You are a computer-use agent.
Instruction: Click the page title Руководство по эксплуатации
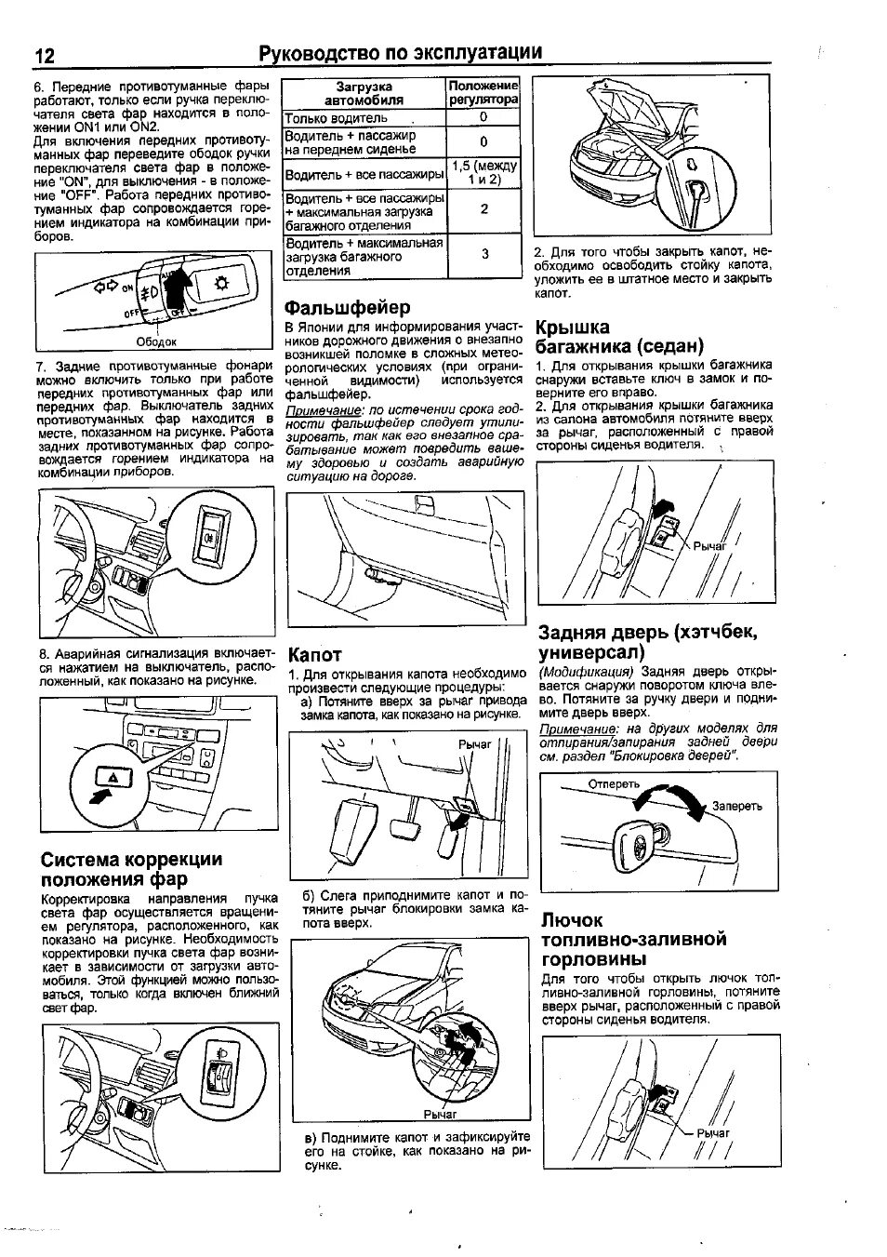[400, 53]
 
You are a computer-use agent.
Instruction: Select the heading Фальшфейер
[347, 307]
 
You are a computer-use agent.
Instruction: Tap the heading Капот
[315, 654]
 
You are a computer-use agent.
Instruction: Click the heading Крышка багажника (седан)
[619, 337]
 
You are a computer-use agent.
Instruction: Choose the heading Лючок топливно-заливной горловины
[633, 940]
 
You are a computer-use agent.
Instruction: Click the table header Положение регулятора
[483, 92]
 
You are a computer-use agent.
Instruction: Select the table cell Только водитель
[336, 118]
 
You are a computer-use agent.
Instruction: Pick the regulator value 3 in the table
[484, 253]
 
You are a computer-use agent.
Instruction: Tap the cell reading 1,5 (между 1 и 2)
[483, 172]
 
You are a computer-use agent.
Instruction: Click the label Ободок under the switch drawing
[156, 341]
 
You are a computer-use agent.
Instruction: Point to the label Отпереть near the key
[615, 783]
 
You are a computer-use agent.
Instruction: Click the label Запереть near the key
[737, 806]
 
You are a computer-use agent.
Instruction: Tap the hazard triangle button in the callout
[111, 775]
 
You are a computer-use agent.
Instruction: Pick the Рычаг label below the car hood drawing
[441, 1114]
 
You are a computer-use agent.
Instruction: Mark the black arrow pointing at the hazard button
[98, 795]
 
